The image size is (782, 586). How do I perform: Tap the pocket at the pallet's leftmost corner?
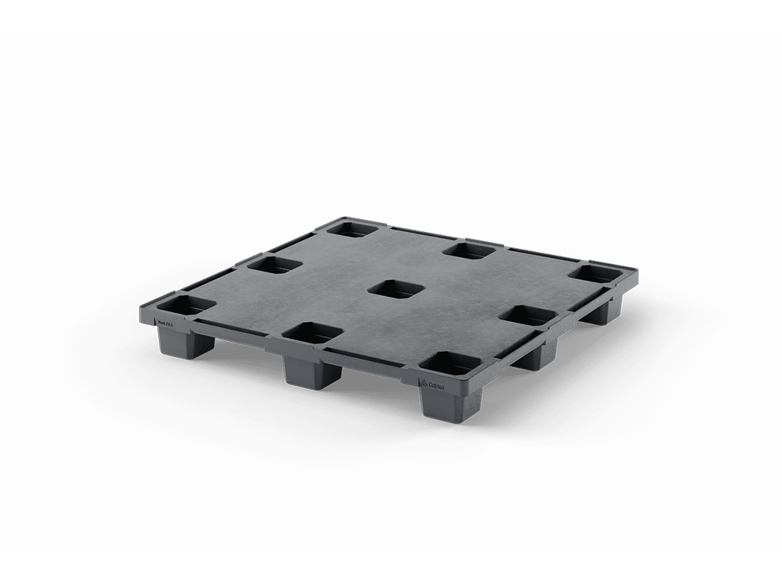click(186, 306)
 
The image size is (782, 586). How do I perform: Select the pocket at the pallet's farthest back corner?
click(352, 228)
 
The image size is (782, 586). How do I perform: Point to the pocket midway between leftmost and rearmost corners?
click(273, 265)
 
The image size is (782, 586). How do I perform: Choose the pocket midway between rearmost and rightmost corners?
click(473, 249)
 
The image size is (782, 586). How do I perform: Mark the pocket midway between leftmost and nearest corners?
click(312, 333)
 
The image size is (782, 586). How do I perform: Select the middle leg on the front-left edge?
click(310, 371)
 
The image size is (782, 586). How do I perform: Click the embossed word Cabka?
click(437, 383)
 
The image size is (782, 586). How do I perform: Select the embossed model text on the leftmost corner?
click(166, 324)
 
